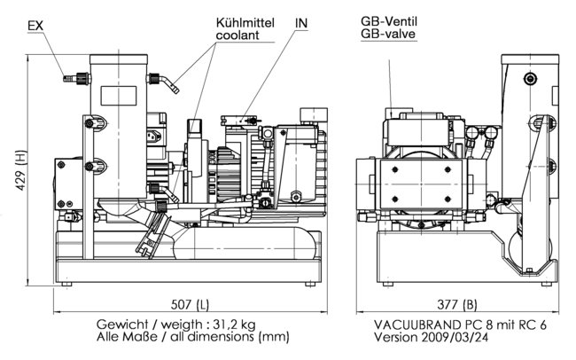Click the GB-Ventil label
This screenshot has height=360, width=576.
click(x=389, y=20)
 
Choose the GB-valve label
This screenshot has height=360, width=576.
click(x=388, y=35)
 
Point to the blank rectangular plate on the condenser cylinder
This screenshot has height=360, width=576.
click(x=119, y=96)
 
